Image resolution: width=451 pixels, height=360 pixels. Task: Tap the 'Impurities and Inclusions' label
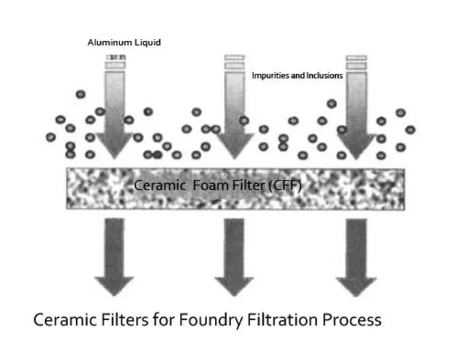click(x=297, y=76)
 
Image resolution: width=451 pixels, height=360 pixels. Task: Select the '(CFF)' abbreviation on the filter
click(x=285, y=185)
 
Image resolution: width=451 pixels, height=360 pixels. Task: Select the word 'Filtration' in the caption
click(x=280, y=320)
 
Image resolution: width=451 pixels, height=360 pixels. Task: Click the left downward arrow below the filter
click(x=114, y=256)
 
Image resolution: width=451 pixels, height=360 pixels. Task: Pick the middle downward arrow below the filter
click(x=234, y=256)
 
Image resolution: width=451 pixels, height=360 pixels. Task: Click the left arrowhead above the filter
click(x=114, y=143)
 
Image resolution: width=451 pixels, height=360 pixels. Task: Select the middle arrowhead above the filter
click(x=234, y=143)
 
